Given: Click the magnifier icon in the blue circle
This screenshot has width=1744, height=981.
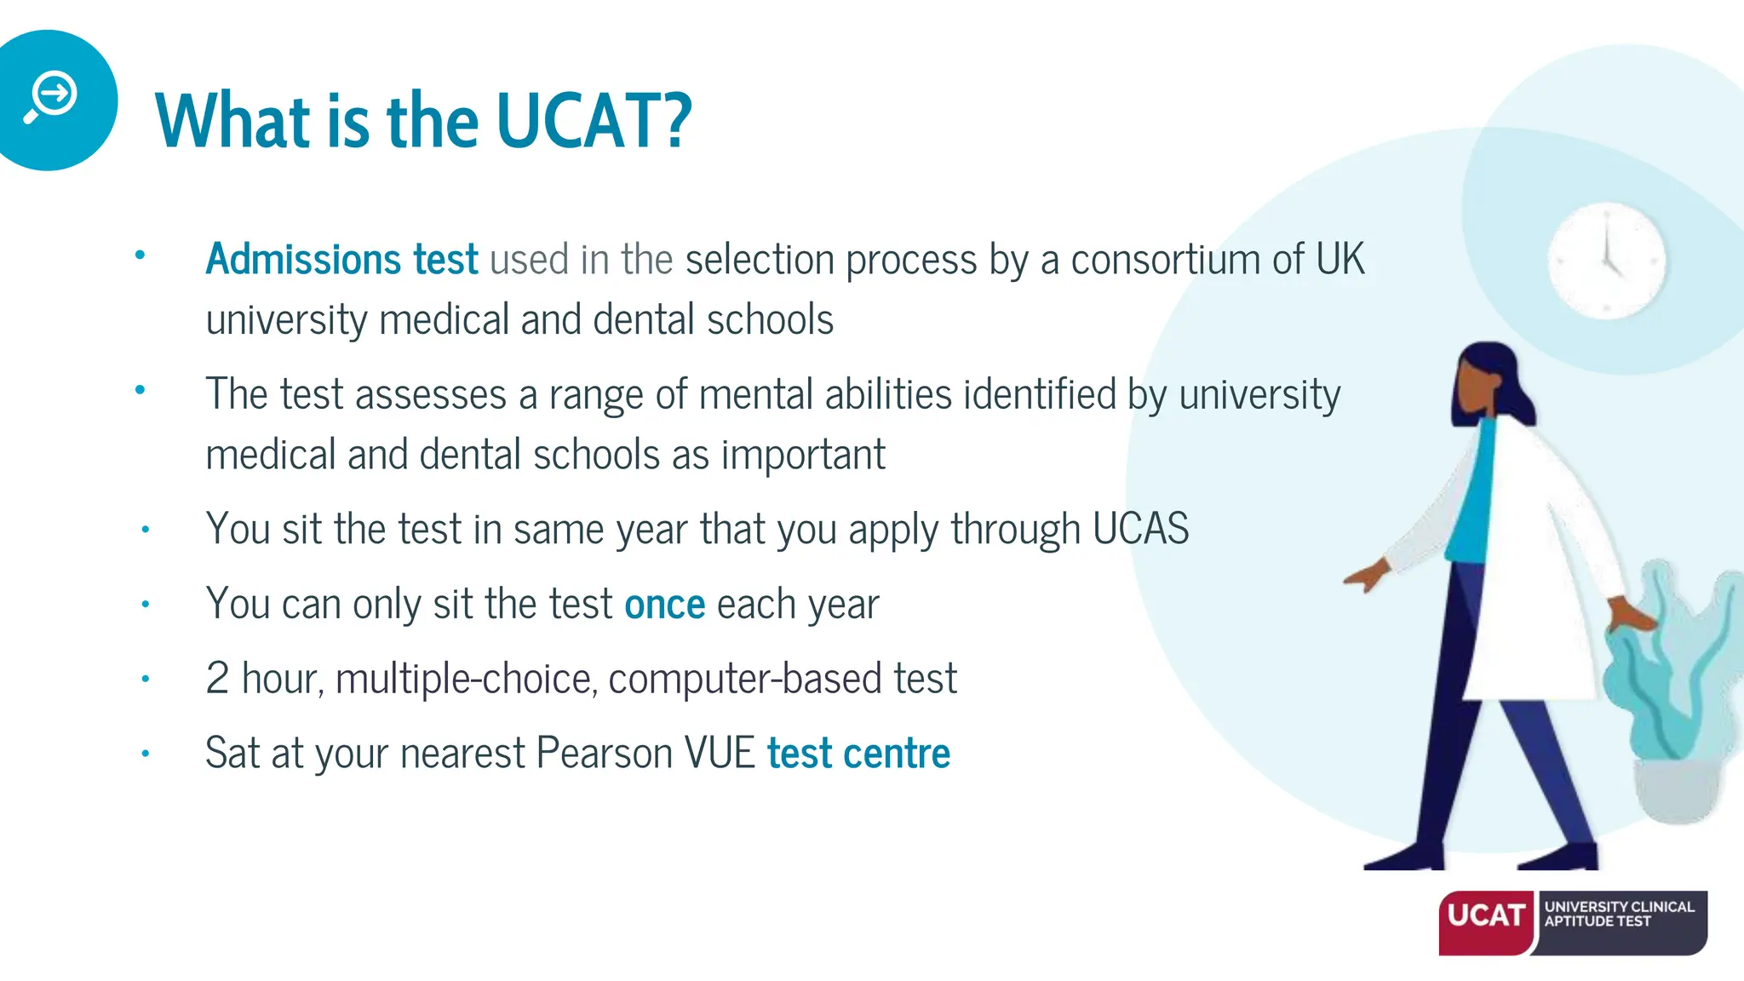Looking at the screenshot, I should (51, 97).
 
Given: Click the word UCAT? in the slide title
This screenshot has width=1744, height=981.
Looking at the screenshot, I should (594, 122).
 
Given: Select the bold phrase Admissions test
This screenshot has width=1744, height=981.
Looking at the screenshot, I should (341, 259).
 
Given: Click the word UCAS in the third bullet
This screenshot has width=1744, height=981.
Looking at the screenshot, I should (1140, 529).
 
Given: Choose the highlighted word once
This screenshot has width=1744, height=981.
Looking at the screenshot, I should (664, 605).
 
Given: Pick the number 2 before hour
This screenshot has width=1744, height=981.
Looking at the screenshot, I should (217, 679).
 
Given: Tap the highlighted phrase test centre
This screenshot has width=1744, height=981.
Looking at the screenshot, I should (858, 754).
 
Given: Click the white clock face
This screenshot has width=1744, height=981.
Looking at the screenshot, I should (1606, 261).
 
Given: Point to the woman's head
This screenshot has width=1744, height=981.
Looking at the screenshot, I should (1486, 383).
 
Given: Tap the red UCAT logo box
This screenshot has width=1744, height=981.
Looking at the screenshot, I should (1487, 922).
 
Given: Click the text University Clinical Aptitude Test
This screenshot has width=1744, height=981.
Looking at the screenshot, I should (1619, 914).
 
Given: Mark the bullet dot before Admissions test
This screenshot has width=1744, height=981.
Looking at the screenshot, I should (141, 255).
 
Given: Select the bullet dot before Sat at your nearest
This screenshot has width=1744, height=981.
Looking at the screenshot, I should (146, 754).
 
